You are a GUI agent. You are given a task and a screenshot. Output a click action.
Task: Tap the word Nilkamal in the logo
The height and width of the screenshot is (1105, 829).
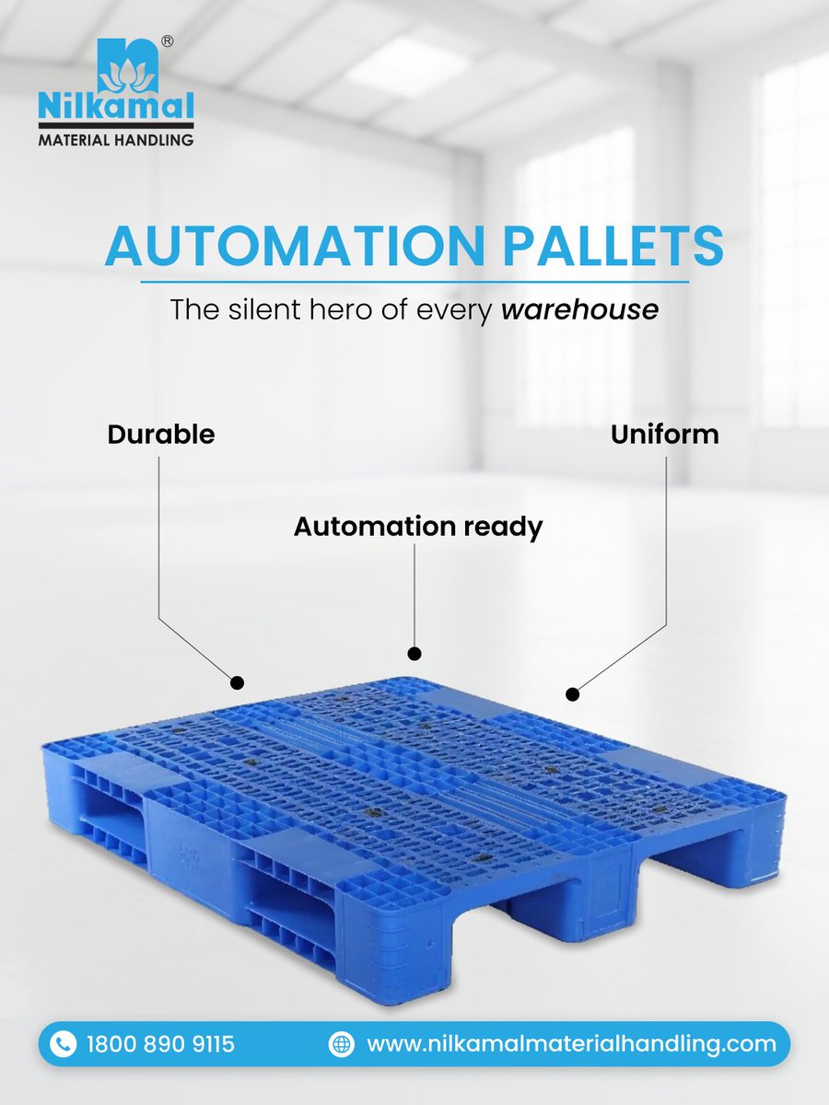coord(116,107)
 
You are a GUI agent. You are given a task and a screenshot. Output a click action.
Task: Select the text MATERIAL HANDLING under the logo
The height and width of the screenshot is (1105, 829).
coord(116,140)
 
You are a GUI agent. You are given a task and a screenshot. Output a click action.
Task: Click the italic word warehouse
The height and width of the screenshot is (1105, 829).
coord(579,309)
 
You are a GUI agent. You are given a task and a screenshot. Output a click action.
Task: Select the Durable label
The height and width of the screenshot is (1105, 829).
coord(161,434)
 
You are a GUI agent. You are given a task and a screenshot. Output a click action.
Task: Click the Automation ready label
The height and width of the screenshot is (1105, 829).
coord(418,527)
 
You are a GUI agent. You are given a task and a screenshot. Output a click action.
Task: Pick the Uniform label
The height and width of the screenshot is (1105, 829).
coord(664,434)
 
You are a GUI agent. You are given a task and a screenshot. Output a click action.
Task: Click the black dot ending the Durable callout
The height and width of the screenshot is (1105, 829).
coord(237,682)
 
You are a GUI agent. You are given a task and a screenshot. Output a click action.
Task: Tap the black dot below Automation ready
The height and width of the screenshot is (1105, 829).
coord(414,653)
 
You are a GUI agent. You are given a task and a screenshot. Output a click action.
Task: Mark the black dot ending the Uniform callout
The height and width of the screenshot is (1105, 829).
coord(572,693)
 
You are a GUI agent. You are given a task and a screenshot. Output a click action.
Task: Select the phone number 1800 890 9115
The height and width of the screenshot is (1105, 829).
coord(160,1044)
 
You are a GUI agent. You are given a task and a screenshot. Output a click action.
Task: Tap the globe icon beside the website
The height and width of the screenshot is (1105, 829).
coord(342,1044)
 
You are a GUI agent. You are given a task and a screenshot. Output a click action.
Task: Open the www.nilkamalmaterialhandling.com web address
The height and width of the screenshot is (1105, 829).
coord(571,1044)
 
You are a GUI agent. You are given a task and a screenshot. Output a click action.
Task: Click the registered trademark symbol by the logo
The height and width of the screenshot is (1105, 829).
coord(169,41)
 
